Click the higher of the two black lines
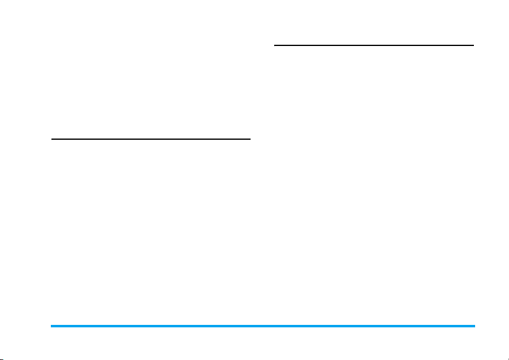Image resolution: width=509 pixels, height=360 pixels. pos(374,45)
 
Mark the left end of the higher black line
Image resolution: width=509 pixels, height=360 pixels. pos(275,45)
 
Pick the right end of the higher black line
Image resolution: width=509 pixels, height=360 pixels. pos(473,45)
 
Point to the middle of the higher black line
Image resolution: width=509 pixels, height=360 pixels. pos(374,45)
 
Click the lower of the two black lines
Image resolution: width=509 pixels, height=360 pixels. pos(151,139)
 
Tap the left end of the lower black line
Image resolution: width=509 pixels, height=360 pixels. pos(51,139)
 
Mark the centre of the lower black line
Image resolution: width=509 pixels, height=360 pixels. pos(151,139)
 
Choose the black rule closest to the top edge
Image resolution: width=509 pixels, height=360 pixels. pos(374,45)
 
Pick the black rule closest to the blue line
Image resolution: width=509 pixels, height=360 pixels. pos(151,139)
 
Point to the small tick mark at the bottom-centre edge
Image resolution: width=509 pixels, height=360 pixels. pos(255,357)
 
